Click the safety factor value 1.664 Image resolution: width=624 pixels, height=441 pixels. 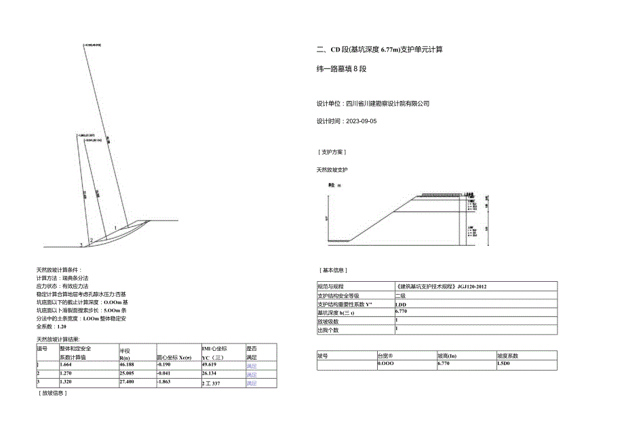(67, 364)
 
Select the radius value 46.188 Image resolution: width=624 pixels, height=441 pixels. (129, 364)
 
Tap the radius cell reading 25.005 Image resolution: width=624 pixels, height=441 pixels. (129, 374)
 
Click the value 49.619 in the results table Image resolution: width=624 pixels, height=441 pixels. (210, 364)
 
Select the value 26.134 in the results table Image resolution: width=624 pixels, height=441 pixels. (210, 374)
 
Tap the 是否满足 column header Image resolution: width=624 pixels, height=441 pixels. (252, 352)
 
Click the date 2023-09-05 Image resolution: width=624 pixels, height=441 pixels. (360, 121)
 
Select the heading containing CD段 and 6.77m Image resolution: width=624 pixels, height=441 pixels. (381, 50)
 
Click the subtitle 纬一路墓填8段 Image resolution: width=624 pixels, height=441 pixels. (342, 68)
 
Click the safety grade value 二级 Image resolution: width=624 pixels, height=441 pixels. (401, 295)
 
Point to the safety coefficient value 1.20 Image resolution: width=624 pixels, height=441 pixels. (62, 326)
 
